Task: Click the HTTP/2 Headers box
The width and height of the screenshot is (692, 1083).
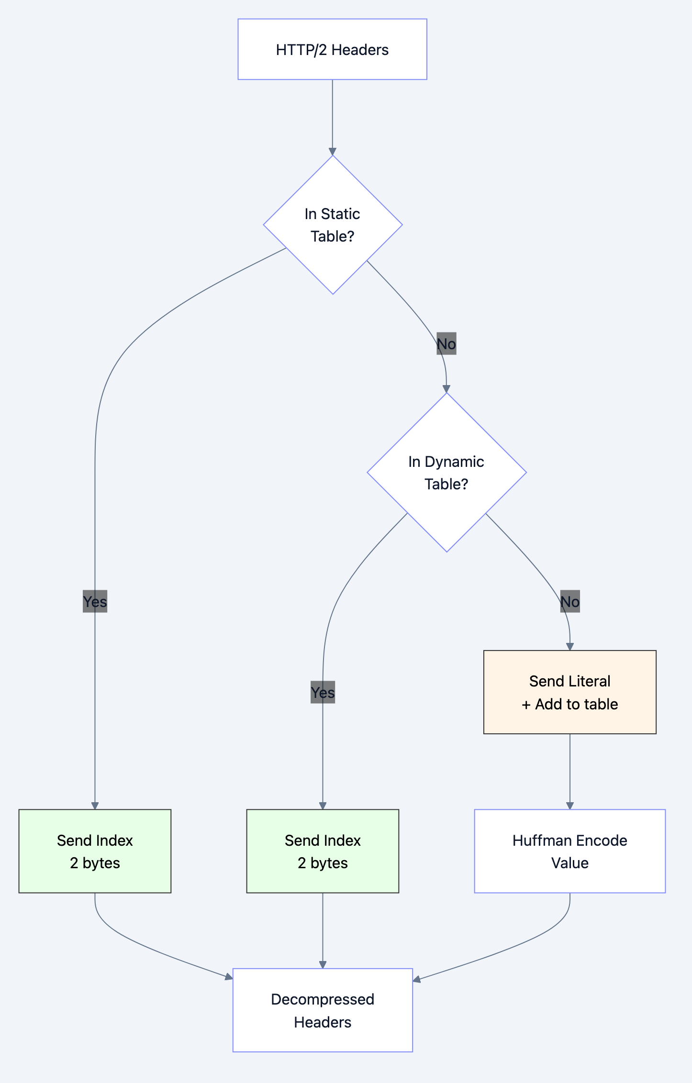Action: click(x=332, y=49)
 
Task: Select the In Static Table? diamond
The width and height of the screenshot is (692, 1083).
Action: click(x=333, y=225)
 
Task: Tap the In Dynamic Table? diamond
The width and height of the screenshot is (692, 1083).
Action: click(x=446, y=472)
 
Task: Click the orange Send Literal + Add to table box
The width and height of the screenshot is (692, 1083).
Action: click(x=569, y=692)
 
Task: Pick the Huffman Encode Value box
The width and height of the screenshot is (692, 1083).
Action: click(x=569, y=851)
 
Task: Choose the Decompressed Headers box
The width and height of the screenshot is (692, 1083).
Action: click(x=323, y=1010)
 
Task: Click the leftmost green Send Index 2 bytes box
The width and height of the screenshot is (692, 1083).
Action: click(x=95, y=851)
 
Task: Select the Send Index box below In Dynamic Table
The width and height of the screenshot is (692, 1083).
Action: click(x=323, y=851)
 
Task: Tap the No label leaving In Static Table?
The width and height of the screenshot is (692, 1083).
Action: click(x=446, y=344)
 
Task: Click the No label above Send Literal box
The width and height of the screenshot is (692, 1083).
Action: click(x=569, y=602)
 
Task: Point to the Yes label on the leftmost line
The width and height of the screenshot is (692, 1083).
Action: click(x=95, y=602)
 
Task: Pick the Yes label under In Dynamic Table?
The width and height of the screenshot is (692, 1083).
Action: click(x=323, y=693)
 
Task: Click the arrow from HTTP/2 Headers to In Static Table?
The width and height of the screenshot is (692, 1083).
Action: click(x=332, y=117)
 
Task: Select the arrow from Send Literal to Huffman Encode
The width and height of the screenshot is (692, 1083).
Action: click(x=569, y=771)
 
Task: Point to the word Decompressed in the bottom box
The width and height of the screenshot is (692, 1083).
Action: click(x=323, y=999)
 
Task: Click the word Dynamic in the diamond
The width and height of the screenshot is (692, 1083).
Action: click(x=454, y=462)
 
